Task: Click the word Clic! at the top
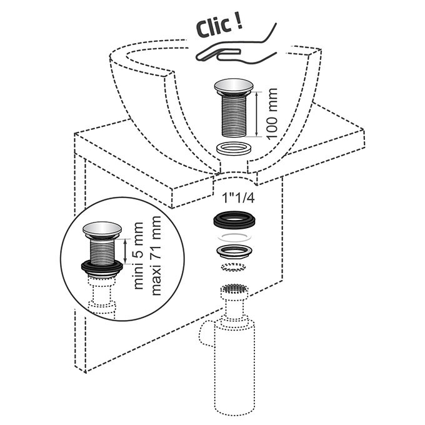pyautogui.click(x=219, y=26)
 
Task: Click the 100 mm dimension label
pyautogui.click(x=272, y=114)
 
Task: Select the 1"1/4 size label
pyautogui.click(x=239, y=198)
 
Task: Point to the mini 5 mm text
pyautogui.click(x=138, y=256)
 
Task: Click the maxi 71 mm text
pyautogui.click(x=157, y=256)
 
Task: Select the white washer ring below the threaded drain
pyautogui.click(x=234, y=149)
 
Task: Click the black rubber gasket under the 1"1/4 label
pyautogui.click(x=235, y=219)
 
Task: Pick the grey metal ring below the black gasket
pyautogui.click(x=235, y=251)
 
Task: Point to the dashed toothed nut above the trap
pyautogui.click(x=234, y=267)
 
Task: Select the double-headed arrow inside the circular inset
pyautogui.click(x=125, y=251)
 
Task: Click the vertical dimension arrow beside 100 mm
pyautogui.click(x=256, y=114)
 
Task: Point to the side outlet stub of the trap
pyautogui.click(x=206, y=335)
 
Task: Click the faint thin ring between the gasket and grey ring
pyautogui.click(x=235, y=237)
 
